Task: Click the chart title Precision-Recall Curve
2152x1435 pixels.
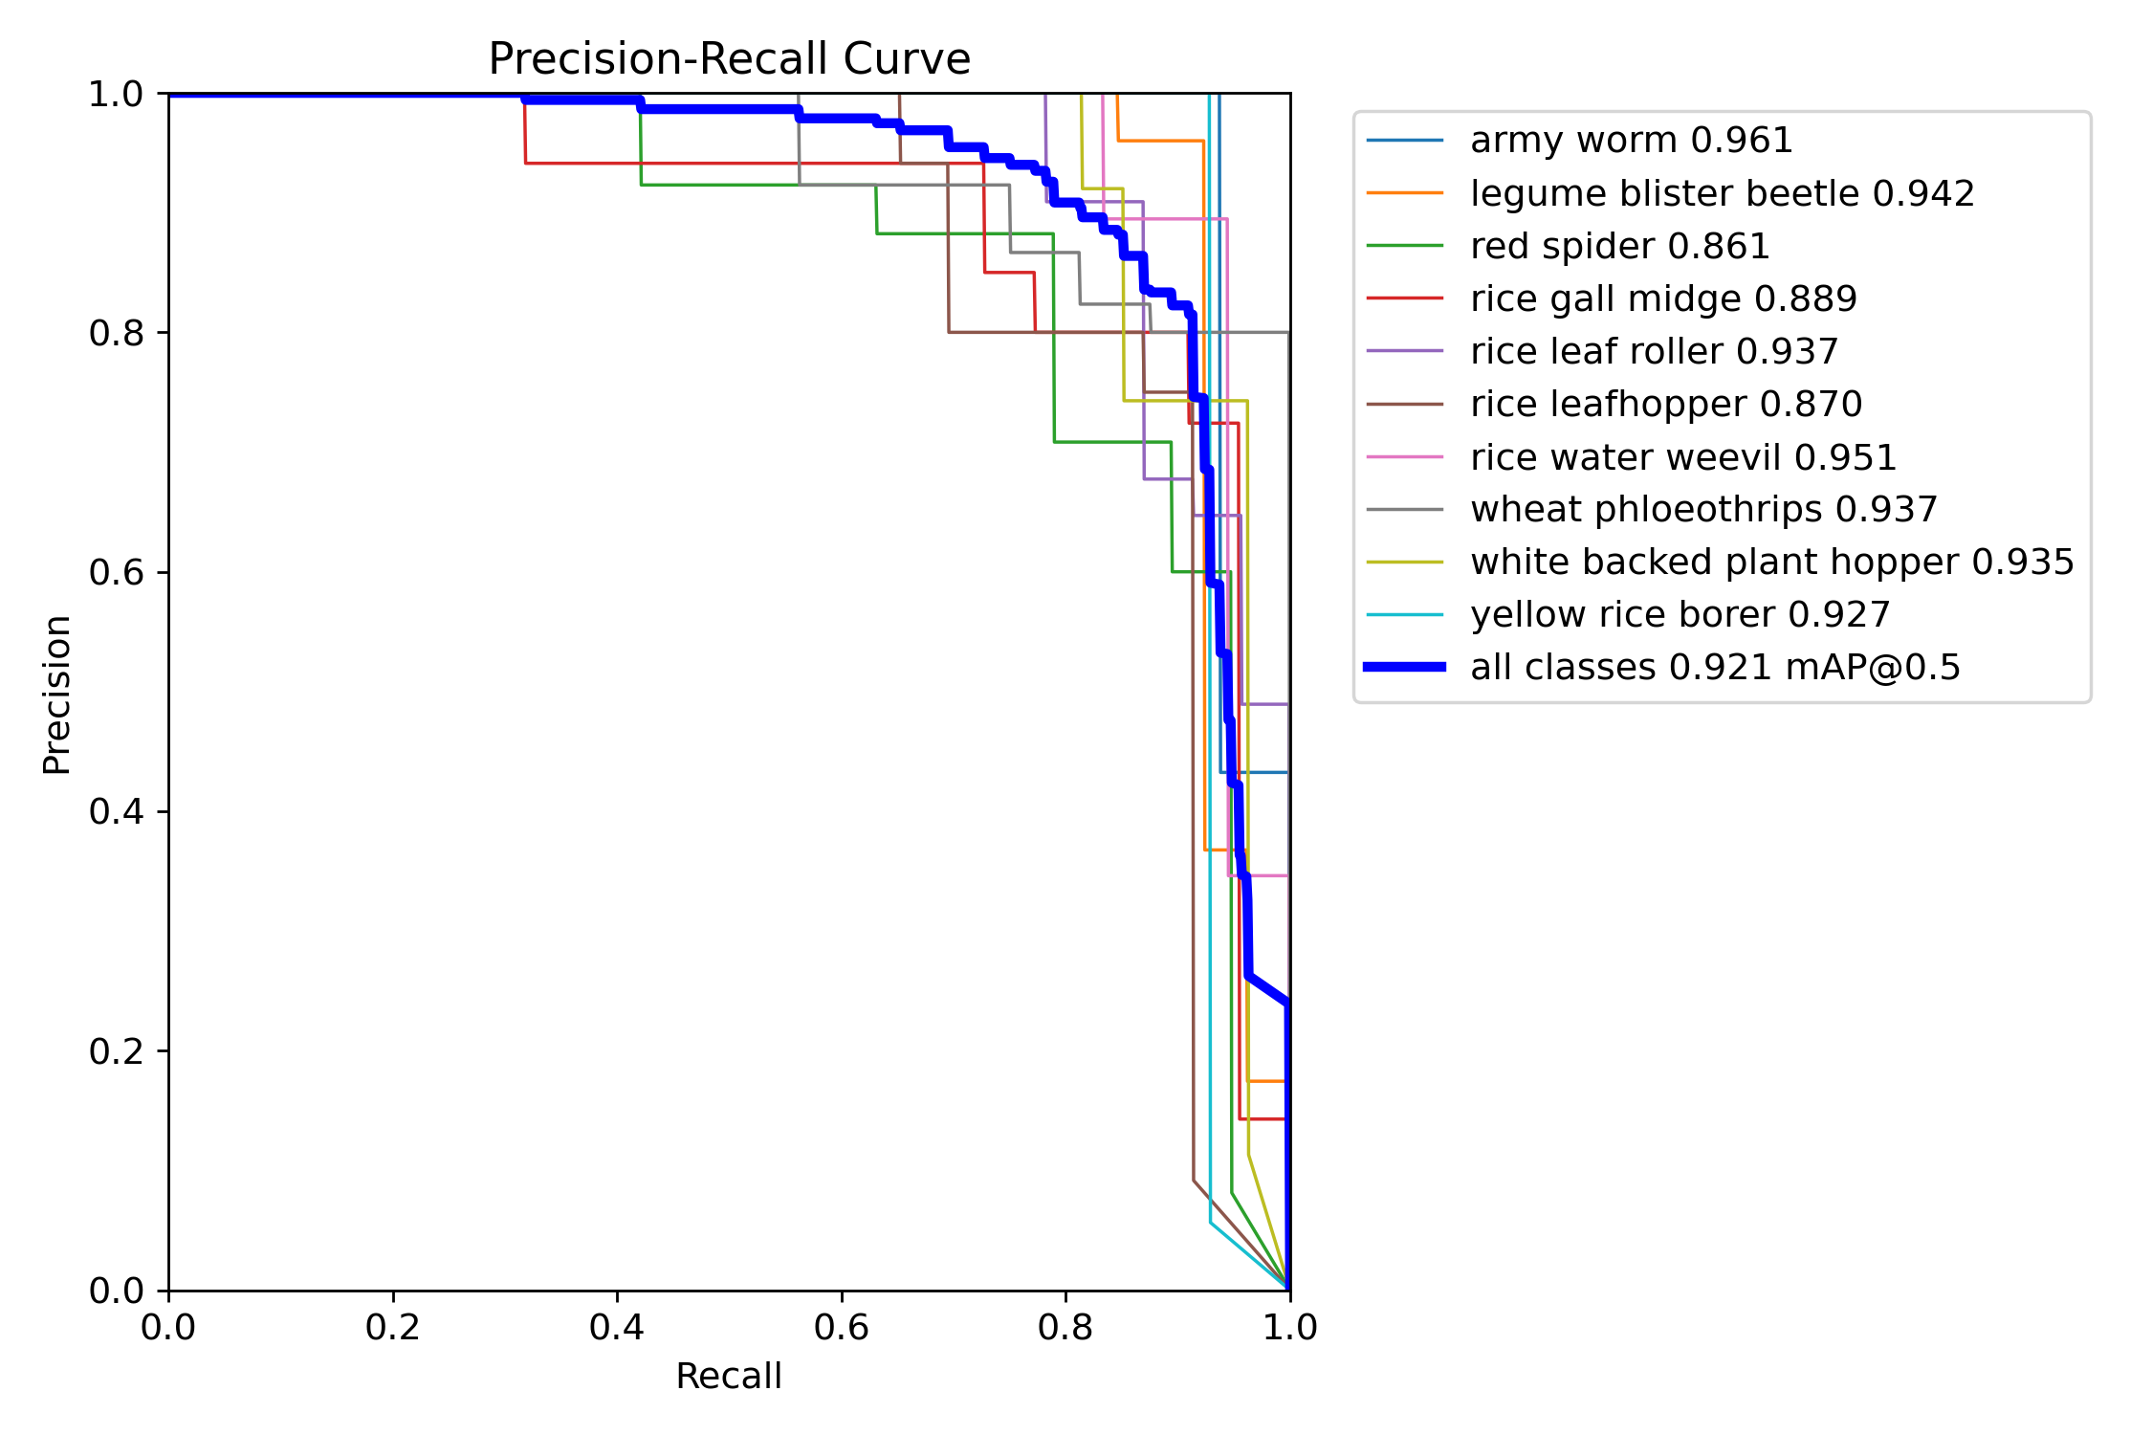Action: [x=729, y=59]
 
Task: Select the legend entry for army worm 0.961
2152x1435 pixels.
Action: [x=1631, y=141]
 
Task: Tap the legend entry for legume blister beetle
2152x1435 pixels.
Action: [x=1722, y=193]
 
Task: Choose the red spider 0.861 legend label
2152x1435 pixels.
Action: [x=1619, y=247]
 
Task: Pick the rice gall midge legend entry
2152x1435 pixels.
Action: [x=1663, y=299]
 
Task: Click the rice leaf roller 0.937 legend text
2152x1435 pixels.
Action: [x=1654, y=352]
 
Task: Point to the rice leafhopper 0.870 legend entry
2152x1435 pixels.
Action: [x=1666, y=405]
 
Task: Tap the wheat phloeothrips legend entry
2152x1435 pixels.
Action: [x=1703, y=510]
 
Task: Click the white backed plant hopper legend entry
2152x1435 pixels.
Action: [x=1771, y=563]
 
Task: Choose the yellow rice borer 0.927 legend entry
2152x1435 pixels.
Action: [x=1680, y=615]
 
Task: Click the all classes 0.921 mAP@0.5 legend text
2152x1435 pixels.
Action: [x=1715, y=668]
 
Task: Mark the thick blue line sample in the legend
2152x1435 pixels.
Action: [x=1404, y=667]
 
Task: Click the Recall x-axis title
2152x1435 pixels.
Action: [x=729, y=1377]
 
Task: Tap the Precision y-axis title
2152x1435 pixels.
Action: [x=56, y=695]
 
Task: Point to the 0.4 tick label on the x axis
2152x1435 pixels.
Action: [x=617, y=1328]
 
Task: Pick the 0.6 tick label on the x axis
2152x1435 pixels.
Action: [x=841, y=1328]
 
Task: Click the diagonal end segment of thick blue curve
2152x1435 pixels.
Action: [x=1268, y=989]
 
